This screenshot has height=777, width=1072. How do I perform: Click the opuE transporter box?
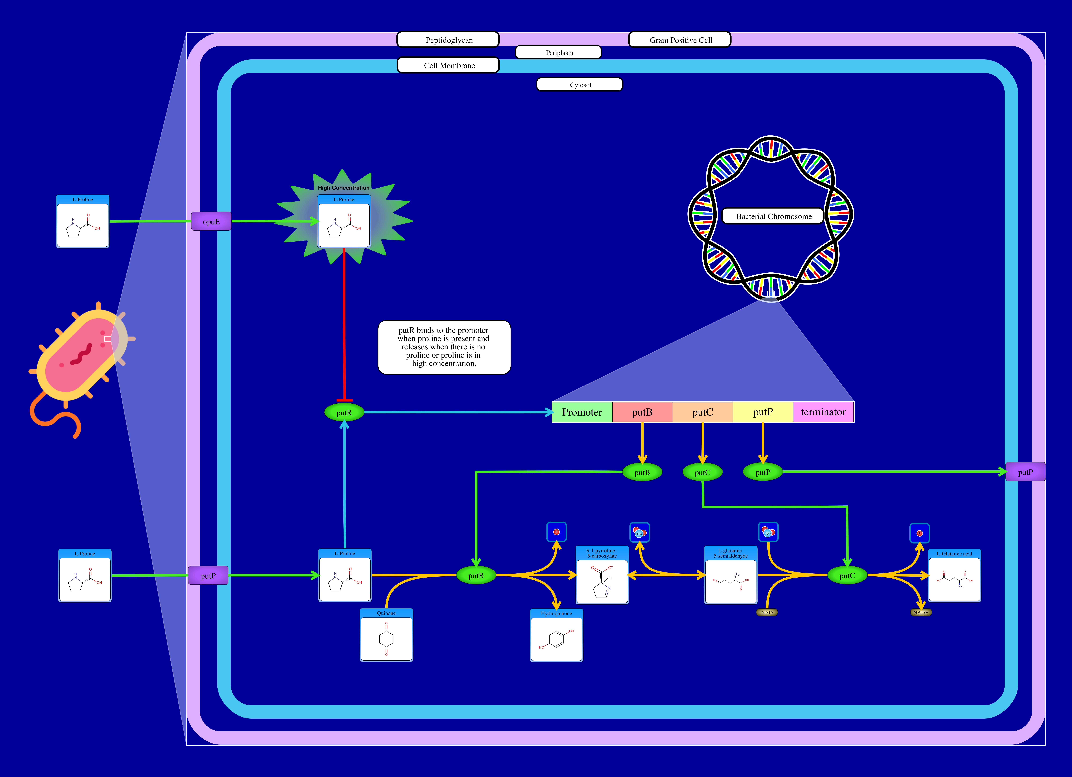[211, 221]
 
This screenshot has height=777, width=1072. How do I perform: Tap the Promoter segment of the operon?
[582, 412]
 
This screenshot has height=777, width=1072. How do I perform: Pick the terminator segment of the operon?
[823, 412]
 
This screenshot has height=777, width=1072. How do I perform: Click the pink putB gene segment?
[642, 412]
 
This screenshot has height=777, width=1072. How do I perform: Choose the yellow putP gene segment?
[762, 412]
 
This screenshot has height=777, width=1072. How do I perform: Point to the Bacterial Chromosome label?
[773, 216]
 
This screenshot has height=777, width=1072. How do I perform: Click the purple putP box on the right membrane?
[1025, 472]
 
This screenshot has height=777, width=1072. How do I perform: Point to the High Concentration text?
[344, 188]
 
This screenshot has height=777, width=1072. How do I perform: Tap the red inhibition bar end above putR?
[344, 400]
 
